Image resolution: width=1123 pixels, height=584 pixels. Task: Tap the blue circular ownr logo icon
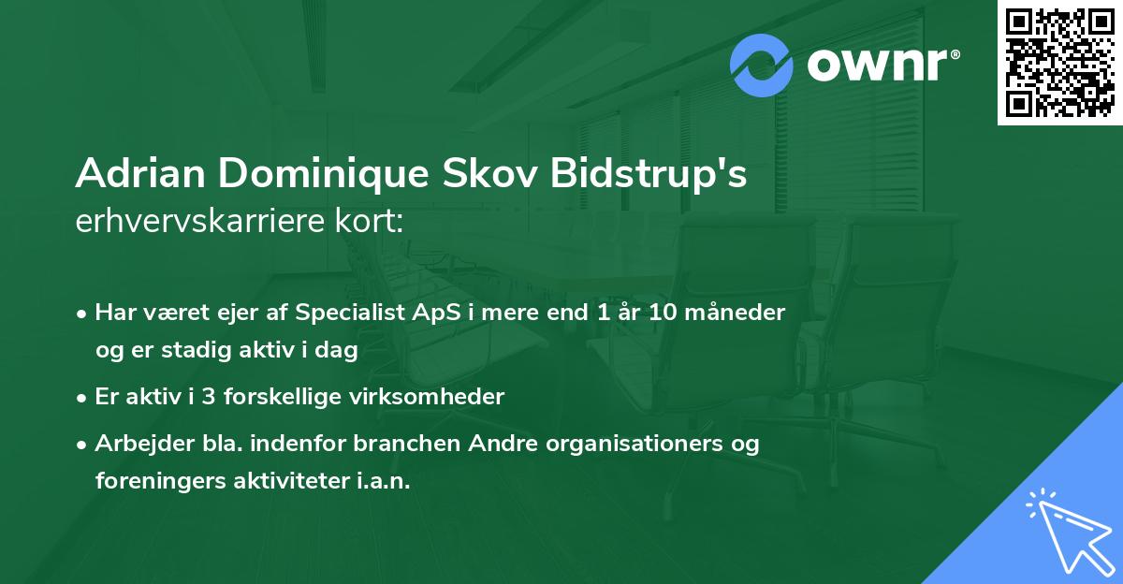(762, 64)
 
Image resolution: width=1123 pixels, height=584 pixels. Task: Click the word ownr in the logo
(878, 65)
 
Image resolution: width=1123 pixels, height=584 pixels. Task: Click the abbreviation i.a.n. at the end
(381, 481)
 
